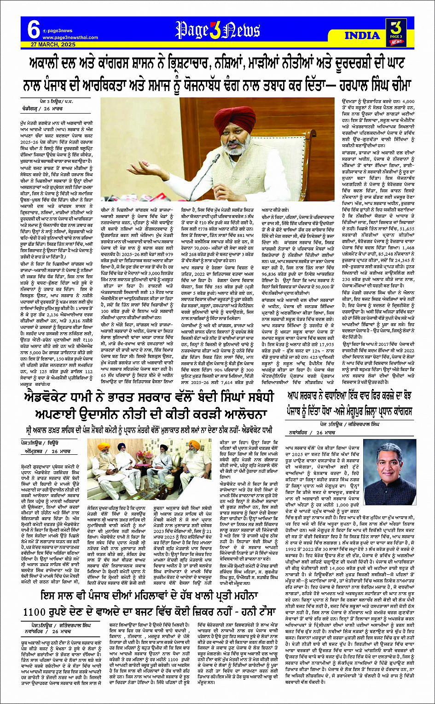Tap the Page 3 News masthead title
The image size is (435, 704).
point(218,31)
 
